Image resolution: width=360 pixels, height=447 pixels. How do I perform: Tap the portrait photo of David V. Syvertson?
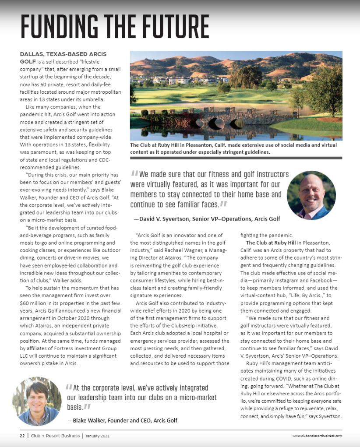pyautogui.click(x=311, y=195)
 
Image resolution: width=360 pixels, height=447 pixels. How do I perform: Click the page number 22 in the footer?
pyautogui.click(x=21, y=436)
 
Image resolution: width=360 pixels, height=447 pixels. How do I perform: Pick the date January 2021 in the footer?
pyautogui.click(x=98, y=436)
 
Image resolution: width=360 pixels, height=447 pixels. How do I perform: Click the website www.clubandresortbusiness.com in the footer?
pyautogui.click(x=317, y=436)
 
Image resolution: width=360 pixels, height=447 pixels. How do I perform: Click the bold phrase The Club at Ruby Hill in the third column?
pyautogui.click(x=271, y=243)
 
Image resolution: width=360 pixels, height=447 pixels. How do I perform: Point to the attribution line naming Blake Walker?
pyautogui.click(x=122, y=420)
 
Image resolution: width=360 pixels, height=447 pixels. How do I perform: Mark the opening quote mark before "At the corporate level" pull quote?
pyautogui.click(x=69, y=388)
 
